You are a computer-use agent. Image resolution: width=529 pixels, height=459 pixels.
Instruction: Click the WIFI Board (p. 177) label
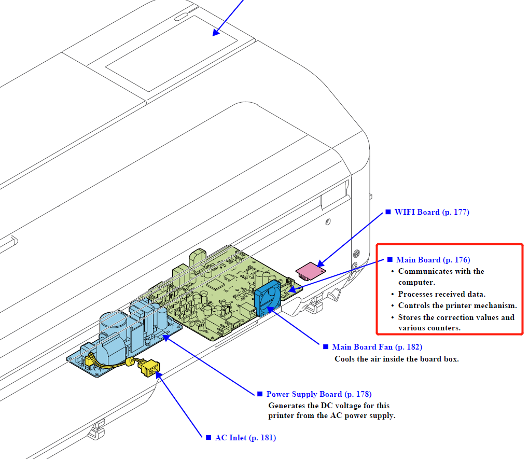point(431,212)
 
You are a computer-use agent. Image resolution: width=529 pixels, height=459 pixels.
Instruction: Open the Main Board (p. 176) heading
point(433,260)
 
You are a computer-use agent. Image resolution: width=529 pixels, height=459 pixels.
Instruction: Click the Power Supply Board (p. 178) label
point(318,394)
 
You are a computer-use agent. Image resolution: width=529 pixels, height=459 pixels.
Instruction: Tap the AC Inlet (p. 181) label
point(245,438)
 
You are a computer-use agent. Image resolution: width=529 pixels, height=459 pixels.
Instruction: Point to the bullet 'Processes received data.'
point(441,294)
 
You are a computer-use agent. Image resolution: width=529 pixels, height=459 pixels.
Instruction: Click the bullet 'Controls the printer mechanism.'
point(457,305)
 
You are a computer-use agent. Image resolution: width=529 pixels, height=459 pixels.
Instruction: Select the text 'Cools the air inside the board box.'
point(396,358)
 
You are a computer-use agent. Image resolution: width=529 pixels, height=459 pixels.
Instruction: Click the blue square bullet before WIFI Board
point(387,212)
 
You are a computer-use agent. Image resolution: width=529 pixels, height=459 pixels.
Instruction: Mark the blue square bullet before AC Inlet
point(208,438)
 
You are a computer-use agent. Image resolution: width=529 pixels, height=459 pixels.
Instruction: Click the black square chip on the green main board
point(214,283)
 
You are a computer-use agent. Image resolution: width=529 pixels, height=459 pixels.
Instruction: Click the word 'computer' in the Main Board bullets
point(416,282)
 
